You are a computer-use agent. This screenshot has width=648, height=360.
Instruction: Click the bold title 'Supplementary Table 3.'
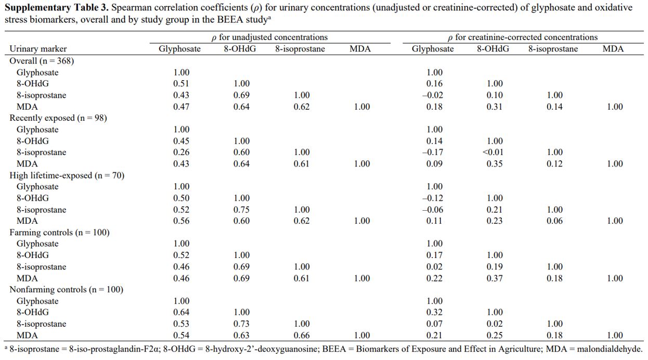(56, 7)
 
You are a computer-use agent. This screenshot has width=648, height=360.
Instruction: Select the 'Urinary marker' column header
(38, 48)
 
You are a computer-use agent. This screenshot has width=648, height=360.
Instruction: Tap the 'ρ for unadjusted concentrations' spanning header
(269, 37)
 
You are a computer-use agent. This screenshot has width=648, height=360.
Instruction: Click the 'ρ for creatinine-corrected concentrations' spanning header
(523, 37)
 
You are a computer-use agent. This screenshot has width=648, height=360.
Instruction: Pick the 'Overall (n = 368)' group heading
(42, 61)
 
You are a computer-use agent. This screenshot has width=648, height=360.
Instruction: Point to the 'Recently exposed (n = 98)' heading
(58, 118)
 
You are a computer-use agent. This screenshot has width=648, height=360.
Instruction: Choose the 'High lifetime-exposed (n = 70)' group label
(67, 175)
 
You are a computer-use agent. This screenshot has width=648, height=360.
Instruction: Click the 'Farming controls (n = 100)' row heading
(60, 233)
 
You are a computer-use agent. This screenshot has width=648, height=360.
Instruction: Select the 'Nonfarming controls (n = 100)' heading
(67, 289)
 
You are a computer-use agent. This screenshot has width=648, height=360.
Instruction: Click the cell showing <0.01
(493, 152)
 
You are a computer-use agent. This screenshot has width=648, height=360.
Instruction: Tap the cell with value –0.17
(433, 152)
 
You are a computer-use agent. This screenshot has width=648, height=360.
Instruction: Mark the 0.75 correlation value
(241, 209)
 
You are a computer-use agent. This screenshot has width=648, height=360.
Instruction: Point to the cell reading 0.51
(181, 83)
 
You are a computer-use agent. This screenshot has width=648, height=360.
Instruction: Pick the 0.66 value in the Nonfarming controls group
(302, 335)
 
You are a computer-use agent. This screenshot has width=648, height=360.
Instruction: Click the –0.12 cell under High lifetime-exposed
(433, 198)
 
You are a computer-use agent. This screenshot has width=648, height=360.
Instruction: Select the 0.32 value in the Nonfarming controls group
(434, 312)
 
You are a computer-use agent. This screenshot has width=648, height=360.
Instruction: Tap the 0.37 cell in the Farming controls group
(495, 278)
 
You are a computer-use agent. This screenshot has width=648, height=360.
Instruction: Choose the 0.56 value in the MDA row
(181, 221)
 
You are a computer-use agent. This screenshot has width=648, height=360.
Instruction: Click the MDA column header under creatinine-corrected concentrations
(613, 48)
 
